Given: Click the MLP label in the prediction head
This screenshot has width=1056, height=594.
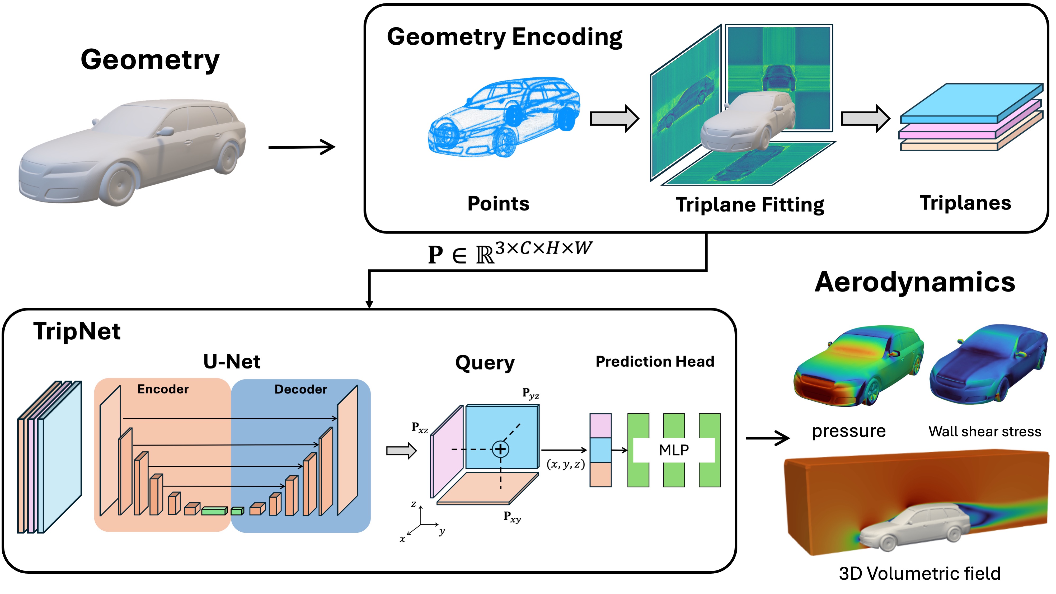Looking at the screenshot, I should tap(674, 450).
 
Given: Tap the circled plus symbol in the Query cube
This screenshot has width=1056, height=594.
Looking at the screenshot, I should tap(500, 449).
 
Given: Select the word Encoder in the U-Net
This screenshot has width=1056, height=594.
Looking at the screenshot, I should tap(163, 389).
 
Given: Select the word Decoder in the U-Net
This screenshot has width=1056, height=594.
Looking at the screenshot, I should tap(301, 389).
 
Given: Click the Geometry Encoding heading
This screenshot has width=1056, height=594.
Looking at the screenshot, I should tap(504, 37).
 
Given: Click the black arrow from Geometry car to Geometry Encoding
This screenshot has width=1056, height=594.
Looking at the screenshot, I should tap(301, 147).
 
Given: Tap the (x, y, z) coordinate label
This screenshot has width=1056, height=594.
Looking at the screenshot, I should tap(566, 465).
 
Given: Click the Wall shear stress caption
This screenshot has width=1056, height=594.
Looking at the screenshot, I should tap(985, 432).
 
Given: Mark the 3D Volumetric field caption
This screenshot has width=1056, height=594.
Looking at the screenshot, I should tap(919, 573).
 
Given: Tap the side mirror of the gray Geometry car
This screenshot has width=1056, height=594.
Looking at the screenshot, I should tap(166, 131).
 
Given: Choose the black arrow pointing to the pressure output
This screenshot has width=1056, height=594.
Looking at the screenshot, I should tap(767, 438).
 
